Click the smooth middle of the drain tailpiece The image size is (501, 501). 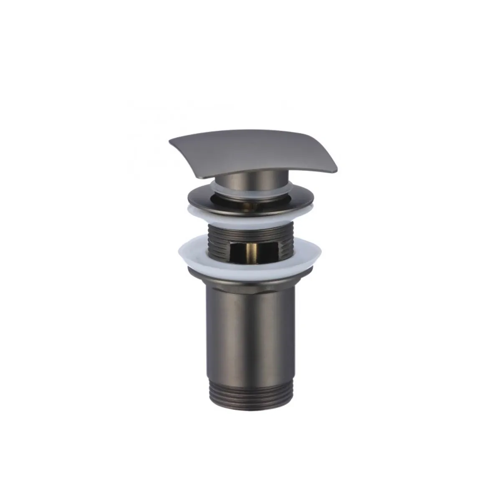click(250, 321)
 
